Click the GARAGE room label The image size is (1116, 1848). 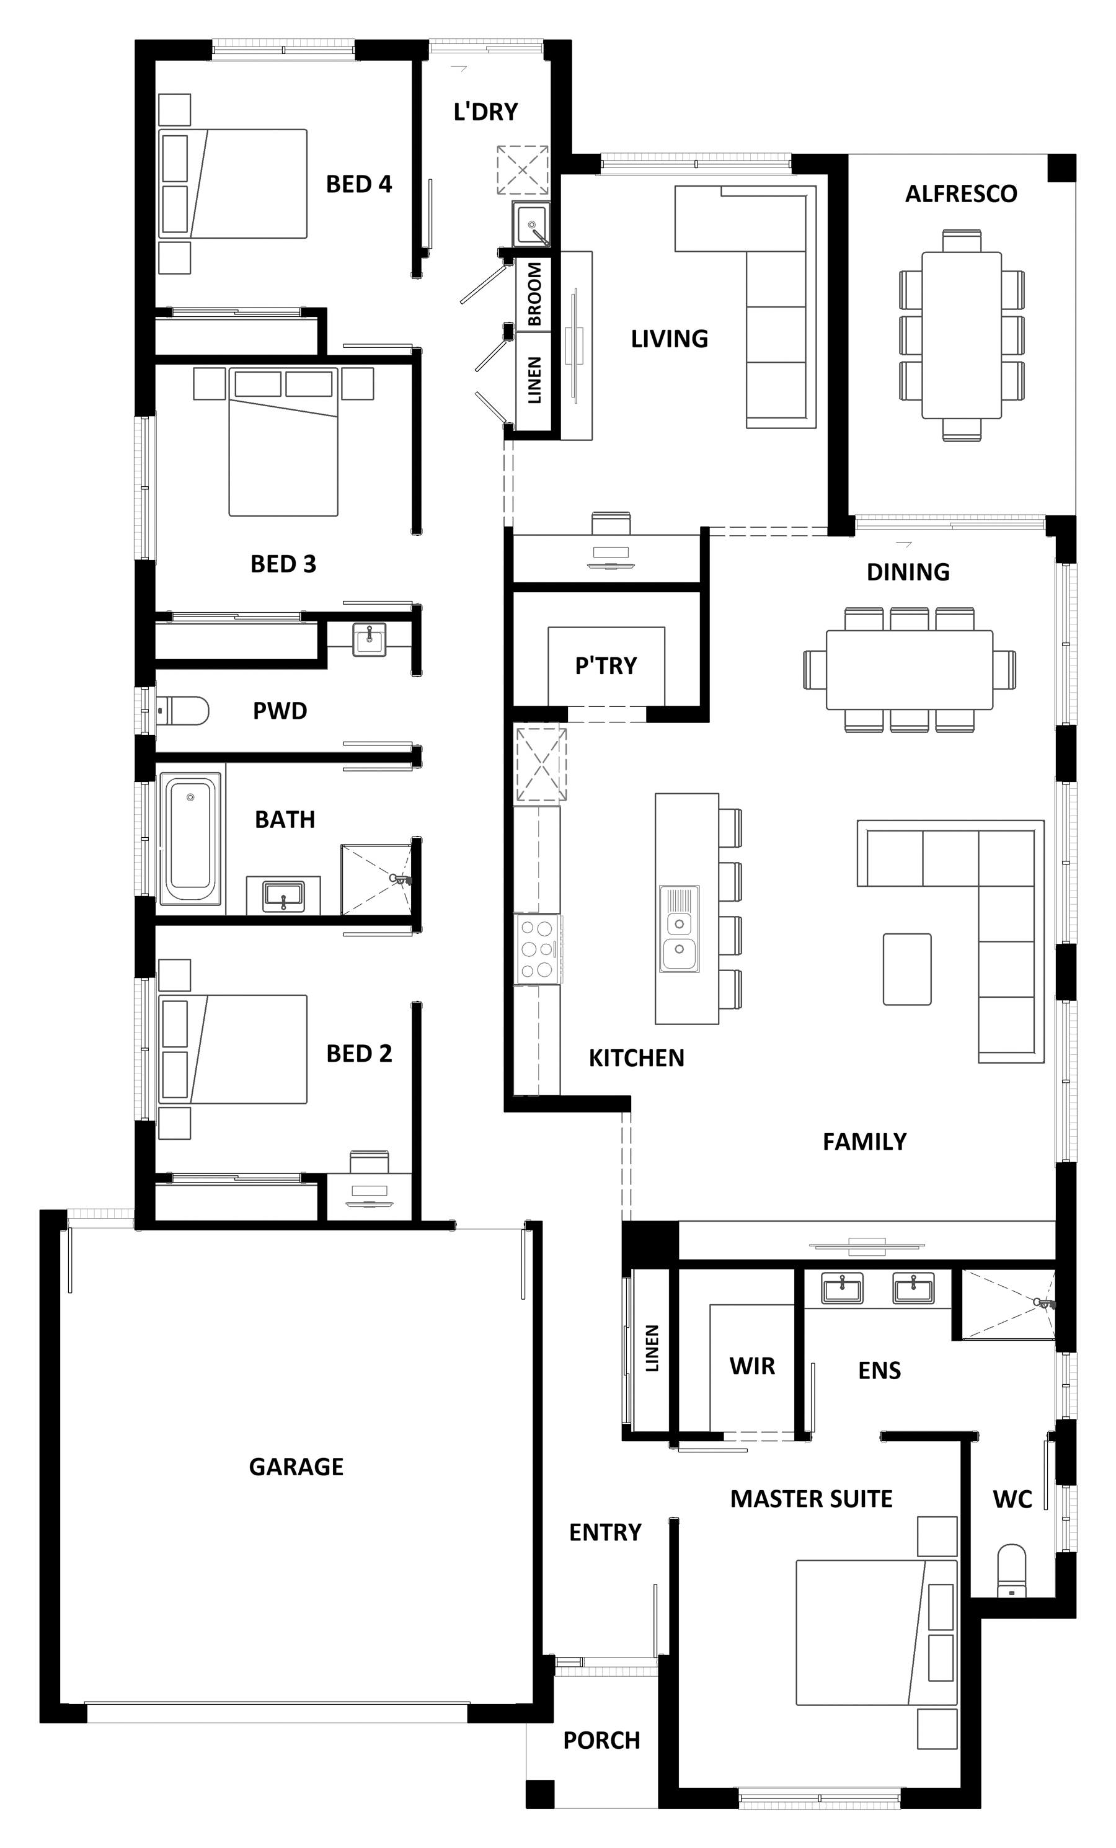click(296, 1466)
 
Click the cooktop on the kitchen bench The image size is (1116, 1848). click(538, 949)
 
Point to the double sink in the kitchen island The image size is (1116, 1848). click(680, 928)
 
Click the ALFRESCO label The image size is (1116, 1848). click(961, 194)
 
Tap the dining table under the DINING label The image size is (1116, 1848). click(909, 670)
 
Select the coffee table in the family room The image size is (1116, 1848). click(906, 969)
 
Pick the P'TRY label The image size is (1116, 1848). click(606, 665)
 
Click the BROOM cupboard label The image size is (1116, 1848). click(534, 294)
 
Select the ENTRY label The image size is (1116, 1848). click(605, 1532)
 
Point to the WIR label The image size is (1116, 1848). click(752, 1366)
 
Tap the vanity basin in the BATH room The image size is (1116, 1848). click(283, 895)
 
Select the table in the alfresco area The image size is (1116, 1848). click(962, 335)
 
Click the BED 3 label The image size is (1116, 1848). click(283, 564)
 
